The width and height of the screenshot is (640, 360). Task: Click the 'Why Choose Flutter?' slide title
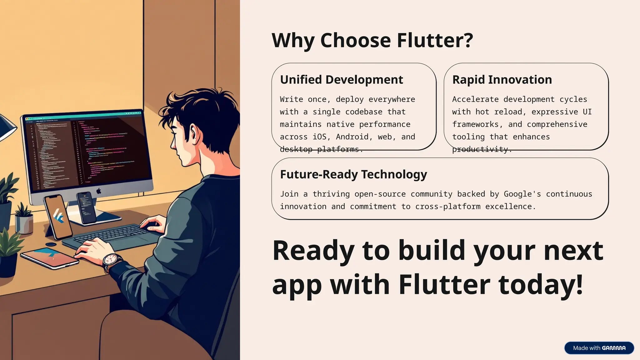(x=372, y=40)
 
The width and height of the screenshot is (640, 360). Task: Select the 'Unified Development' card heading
(x=341, y=80)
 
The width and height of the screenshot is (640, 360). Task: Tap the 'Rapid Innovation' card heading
(x=502, y=80)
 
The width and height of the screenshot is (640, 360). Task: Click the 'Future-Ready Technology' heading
(x=353, y=174)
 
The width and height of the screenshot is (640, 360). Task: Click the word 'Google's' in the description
(x=522, y=194)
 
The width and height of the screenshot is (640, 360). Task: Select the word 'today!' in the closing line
(x=541, y=284)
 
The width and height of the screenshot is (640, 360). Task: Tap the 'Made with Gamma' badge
(x=599, y=348)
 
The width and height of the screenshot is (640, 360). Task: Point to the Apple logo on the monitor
(x=99, y=191)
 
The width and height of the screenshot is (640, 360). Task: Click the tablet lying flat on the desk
(x=50, y=257)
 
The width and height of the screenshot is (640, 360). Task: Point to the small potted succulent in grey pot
(x=24, y=219)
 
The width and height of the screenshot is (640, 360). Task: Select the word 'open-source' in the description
(x=380, y=194)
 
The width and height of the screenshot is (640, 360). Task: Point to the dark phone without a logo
(x=87, y=208)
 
